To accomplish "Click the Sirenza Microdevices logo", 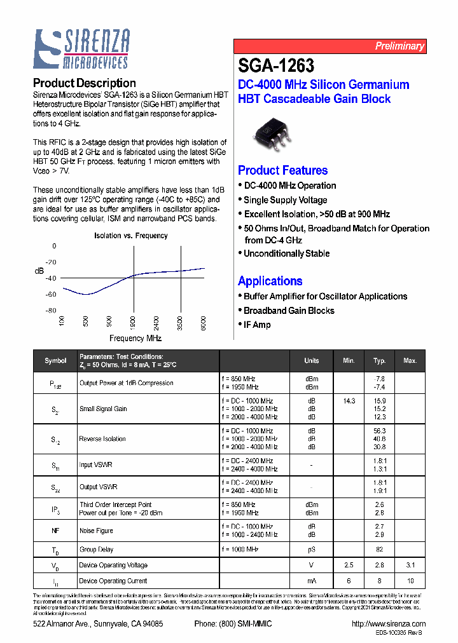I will pyautogui.click(x=82, y=49).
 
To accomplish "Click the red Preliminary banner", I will pyautogui.click(x=330, y=46).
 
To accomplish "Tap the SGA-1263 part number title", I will pyautogui.click(x=276, y=66).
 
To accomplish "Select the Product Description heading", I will pyautogui.click(x=84, y=83).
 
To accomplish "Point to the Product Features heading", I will pyautogui.click(x=282, y=170).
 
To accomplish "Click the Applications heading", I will pyautogui.click(x=270, y=281).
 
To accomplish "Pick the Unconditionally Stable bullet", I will pyautogui.click(x=286, y=254).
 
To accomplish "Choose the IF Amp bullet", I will pyautogui.click(x=257, y=325).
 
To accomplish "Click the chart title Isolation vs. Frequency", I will pyautogui.click(x=130, y=236).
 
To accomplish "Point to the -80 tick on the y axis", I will pyautogui.click(x=50, y=310).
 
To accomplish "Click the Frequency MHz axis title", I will pyautogui.click(x=135, y=339).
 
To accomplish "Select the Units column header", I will pyautogui.click(x=312, y=360).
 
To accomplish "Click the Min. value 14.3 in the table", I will pyautogui.click(x=349, y=401).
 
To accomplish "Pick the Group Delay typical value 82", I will pyautogui.click(x=380, y=549).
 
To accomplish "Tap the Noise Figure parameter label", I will pyautogui.click(x=96, y=531).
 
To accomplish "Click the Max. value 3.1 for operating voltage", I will pyautogui.click(x=410, y=565).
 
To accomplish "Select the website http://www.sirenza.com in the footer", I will pyautogui.click(x=388, y=624).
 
